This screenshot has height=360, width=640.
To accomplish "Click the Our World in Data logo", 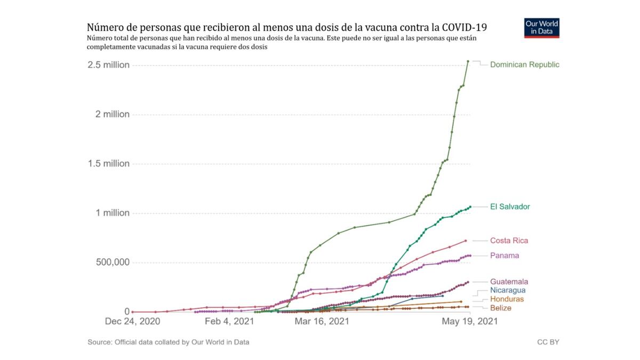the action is click(x=542, y=28).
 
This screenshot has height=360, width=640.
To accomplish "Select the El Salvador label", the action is click(x=510, y=206).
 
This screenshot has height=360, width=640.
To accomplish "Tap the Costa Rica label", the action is click(x=509, y=241).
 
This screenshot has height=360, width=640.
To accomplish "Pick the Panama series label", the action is click(x=504, y=255).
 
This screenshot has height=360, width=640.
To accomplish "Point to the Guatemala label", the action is click(x=509, y=282).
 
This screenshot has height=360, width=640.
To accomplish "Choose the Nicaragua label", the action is click(x=508, y=290).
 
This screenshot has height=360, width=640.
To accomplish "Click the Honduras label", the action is click(x=507, y=299).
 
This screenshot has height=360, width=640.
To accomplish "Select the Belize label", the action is click(x=500, y=308).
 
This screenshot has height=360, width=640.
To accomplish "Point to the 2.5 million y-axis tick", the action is click(x=109, y=65).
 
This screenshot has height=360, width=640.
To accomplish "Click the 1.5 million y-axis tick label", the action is click(x=109, y=164).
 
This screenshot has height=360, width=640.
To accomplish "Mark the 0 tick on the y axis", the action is click(x=127, y=311).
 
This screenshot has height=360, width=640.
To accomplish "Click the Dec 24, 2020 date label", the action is click(x=132, y=322).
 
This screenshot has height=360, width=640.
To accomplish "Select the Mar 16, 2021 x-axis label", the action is click(x=322, y=322).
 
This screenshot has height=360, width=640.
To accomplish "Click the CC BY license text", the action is click(x=548, y=342).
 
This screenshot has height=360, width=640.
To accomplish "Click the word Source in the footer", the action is click(x=100, y=342).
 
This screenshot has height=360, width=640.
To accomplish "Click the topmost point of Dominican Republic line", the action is click(x=468, y=61).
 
